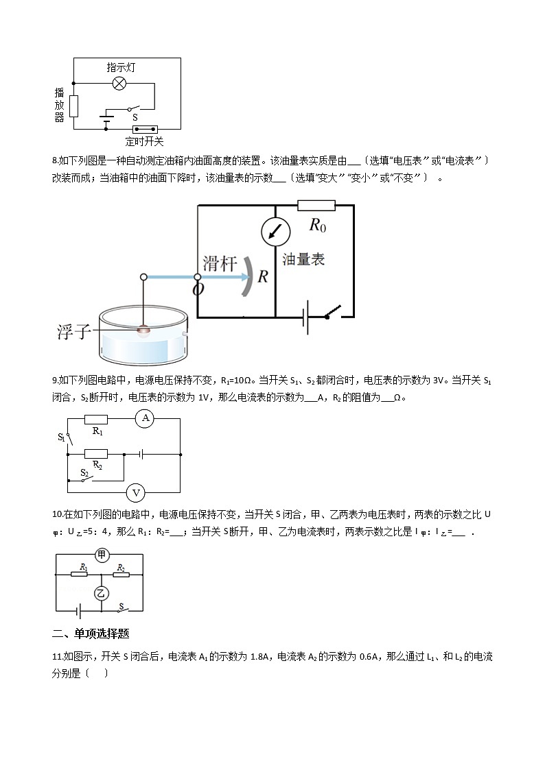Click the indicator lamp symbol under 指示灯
[x=119, y=84]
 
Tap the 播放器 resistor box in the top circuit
[x=73, y=106]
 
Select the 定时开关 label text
[x=144, y=142]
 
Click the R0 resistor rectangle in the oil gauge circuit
[x=316, y=205]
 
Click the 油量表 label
[x=303, y=259]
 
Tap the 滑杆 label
[x=220, y=263]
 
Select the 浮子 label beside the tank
[x=74, y=333]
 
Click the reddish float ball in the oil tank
[x=143, y=330]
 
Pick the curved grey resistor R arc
[x=245, y=277]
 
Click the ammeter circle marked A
[x=144, y=418]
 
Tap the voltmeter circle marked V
[x=136, y=492]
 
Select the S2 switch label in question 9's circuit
[x=84, y=472]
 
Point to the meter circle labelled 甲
[x=102, y=555]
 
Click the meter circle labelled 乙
[x=101, y=593]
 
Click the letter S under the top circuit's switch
[x=135, y=117]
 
